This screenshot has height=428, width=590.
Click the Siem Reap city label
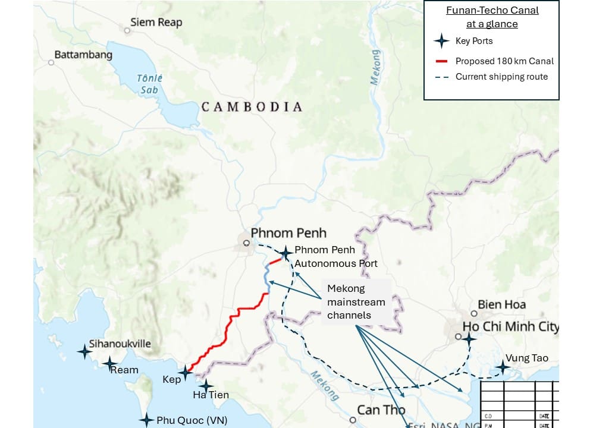point(157,23)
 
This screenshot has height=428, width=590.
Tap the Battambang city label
point(83,55)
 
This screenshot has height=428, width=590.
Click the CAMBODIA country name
point(252,107)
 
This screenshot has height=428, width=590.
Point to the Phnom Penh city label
point(288,233)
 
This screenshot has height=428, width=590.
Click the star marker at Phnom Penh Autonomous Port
point(286,253)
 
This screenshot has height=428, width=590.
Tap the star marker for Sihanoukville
point(84,351)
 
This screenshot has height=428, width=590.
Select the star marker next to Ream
point(109,363)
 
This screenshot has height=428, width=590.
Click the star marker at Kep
point(186,373)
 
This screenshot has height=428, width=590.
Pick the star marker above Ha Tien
point(205,385)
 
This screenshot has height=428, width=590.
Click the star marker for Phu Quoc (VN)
point(146,420)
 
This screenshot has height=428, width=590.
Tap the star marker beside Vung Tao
point(503,367)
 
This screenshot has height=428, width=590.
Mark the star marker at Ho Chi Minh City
point(469,339)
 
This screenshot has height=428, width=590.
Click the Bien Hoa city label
point(503,304)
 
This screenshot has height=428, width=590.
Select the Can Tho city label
point(381,410)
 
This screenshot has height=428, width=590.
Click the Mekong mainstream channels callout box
point(356,301)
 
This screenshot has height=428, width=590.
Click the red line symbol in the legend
point(441,61)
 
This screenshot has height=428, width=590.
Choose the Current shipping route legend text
point(501,77)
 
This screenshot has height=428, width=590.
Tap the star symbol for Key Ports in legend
point(441,41)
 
